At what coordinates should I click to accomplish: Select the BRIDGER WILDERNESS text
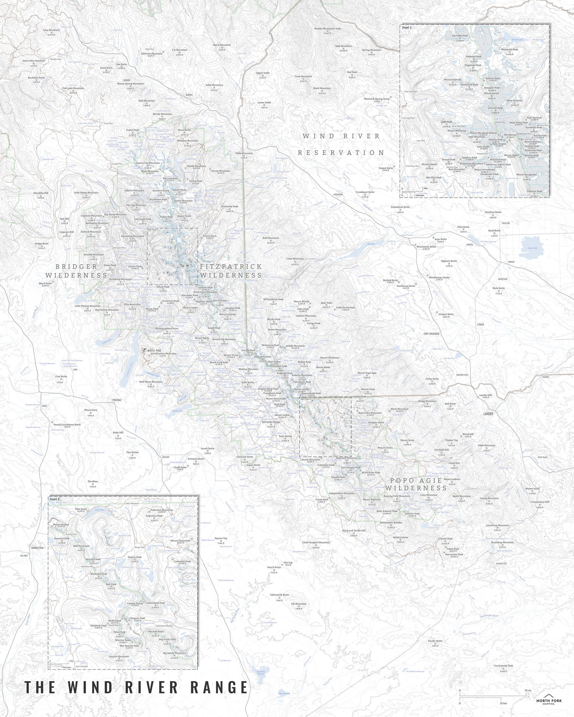click(76, 271)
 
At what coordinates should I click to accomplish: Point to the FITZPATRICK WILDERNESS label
click(231, 271)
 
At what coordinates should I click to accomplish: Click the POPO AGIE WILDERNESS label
click(416, 484)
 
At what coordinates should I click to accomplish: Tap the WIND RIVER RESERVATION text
click(341, 144)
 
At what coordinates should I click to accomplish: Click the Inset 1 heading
click(407, 28)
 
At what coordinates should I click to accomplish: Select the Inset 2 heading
click(55, 499)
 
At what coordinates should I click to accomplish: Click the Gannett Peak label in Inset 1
click(496, 108)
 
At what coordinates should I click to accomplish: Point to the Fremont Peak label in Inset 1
click(534, 191)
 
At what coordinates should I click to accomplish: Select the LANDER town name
click(488, 414)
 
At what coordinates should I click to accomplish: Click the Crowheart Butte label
click(365, 192)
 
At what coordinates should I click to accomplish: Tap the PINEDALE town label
click(117, 400)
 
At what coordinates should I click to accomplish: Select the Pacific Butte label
click(435, 641)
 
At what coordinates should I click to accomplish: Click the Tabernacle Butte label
click(279, 595)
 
